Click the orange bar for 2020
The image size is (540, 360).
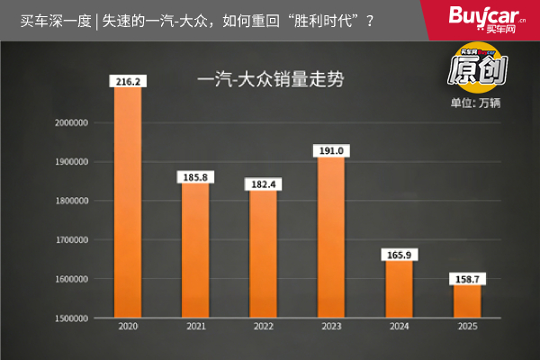click(129, 202)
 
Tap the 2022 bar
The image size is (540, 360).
click(263, 254)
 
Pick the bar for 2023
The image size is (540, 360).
click(330, 237)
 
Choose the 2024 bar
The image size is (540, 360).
click(399, 289)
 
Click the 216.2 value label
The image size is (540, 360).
click(129, 81)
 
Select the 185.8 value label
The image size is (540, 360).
click(195, 177)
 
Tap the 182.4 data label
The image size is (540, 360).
click(263, 184)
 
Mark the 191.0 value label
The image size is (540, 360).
click(330, 150)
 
